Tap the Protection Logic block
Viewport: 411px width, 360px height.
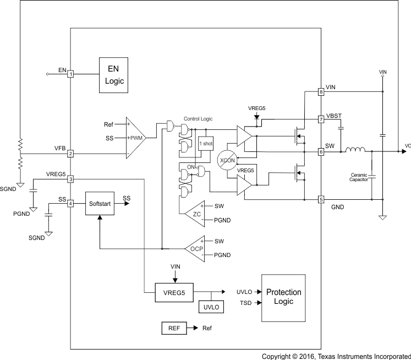[x=283, y=297]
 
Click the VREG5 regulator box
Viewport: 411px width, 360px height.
[x=174, y=292]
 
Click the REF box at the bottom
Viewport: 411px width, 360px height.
[x=174, y=328]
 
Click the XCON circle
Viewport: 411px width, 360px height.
[x=227, y=160]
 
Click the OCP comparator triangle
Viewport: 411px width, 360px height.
[x=195, y=248]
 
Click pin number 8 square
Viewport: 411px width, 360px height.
[x=321, y=92]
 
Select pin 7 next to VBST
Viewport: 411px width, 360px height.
[x=321, y=119]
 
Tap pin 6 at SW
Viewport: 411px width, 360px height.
[x=321, y=151]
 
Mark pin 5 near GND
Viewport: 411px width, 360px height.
[x=321, y=200]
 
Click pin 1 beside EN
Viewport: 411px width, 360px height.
[x=70, y=74]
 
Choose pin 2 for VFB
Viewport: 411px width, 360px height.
[x=70, y=154]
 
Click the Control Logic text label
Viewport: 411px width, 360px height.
[x=198, y=118]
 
